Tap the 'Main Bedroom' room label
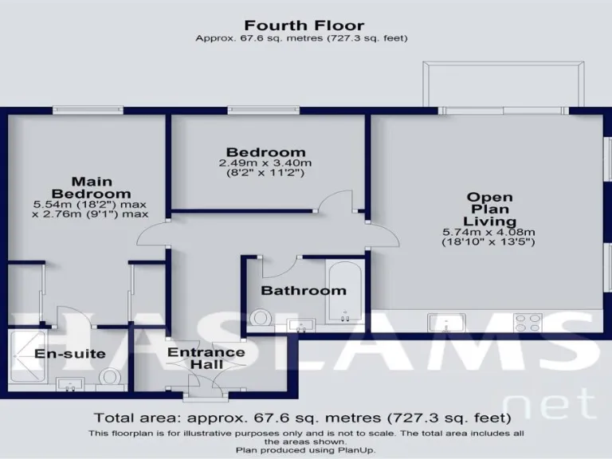[x=91, y=187]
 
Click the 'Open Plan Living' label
[x=489, y=209]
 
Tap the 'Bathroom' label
[x=304, y=291]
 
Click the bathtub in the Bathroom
[x=346, y=290]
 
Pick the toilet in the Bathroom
[x=260, y=319]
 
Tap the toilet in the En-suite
[x=111, y=376]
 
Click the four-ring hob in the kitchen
[x=528, y=322]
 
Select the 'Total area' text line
[x=302, y=418]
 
